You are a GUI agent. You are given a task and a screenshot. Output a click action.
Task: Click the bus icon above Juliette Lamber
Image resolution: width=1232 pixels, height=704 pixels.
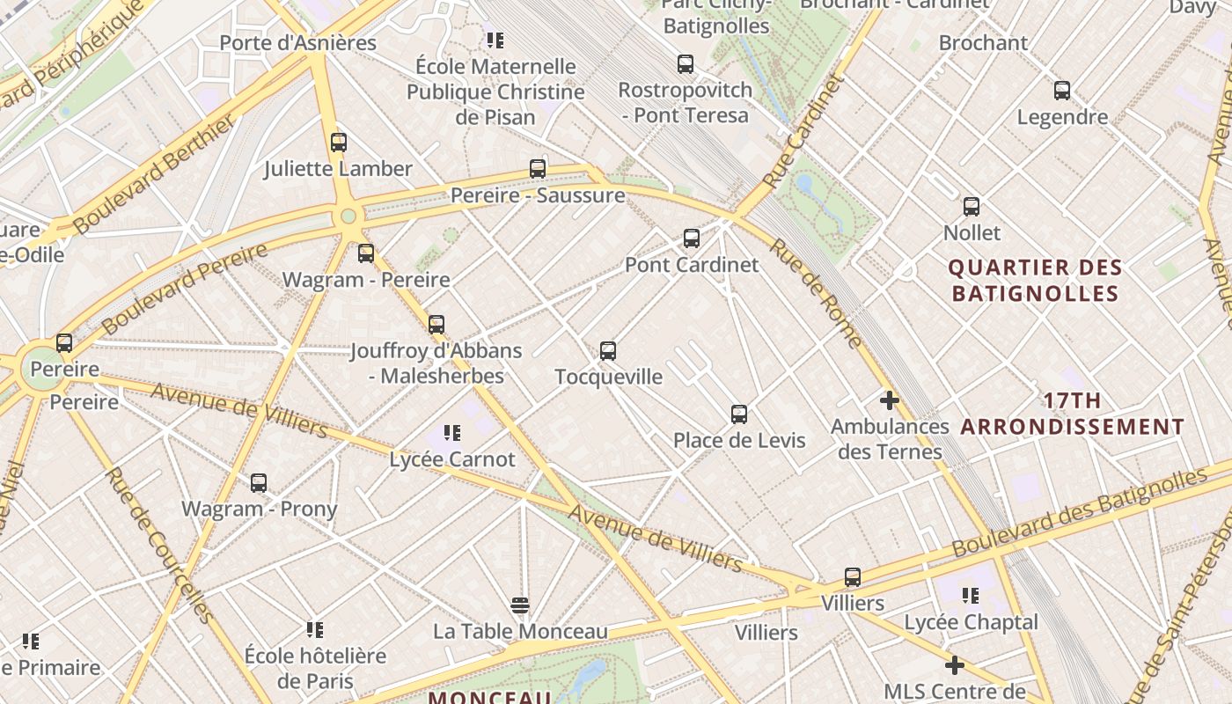(338, 143)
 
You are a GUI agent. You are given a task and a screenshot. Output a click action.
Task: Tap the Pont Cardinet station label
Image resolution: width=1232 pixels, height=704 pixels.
(692, 264)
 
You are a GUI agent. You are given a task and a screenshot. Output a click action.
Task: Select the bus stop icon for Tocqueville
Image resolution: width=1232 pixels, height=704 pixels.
(607, 351)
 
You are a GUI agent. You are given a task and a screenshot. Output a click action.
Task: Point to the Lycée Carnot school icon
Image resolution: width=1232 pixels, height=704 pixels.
(452, 432)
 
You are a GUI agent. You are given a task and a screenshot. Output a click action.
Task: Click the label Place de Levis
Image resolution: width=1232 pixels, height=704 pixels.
(739, 440)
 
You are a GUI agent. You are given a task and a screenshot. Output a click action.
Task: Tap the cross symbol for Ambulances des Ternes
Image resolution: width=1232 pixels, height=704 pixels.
(889, 400)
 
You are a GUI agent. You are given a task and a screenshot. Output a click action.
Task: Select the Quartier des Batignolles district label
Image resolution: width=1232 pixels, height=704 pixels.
(1035, 280)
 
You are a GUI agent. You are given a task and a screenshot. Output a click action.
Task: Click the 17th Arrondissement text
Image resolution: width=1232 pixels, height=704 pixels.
(1072, 414)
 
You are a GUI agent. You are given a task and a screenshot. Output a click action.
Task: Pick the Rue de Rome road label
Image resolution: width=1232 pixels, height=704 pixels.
(816, 292)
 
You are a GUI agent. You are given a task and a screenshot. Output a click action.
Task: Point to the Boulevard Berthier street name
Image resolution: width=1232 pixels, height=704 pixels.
(156, 173)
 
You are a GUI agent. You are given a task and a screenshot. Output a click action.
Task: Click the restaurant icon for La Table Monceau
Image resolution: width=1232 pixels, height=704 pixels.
(520, 605)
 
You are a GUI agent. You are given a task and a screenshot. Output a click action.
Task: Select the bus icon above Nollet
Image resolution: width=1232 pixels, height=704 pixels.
(971, 207)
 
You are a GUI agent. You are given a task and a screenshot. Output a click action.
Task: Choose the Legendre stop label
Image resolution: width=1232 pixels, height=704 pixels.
(1062, 117)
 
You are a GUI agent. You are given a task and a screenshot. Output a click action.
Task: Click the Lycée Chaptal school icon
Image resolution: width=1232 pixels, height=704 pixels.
(971, 596)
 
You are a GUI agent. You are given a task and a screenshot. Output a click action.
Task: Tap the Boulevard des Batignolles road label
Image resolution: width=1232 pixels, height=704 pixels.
(1079, 511)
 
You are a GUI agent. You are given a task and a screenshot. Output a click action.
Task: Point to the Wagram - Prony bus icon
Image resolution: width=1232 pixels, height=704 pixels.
(258, 483)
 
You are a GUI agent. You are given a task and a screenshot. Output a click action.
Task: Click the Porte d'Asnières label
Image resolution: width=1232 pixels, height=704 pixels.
(297, 42)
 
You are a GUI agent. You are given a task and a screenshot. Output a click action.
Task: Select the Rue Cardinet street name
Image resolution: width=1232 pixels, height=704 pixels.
(803, 132)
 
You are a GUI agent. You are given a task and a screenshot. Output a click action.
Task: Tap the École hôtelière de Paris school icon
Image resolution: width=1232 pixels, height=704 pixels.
(315, 630)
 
